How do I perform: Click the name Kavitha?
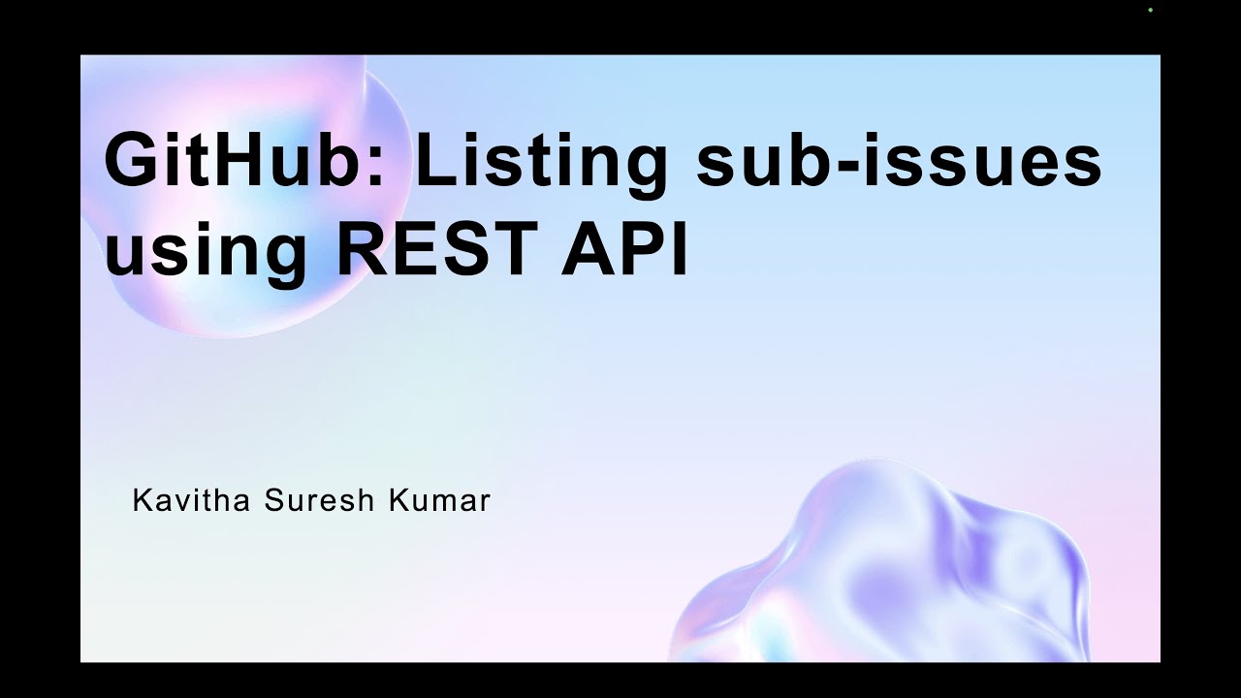(190, 500)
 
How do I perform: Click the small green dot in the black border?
(1150, 11)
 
